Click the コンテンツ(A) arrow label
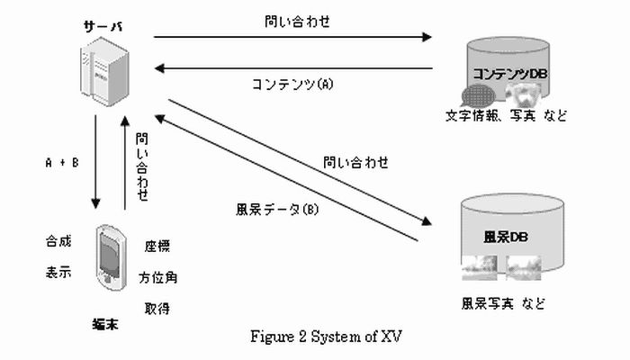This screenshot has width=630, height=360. pyautogui.click(x=291, y=85)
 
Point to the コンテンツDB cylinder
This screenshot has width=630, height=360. pyautogui.click(x=506, y=72)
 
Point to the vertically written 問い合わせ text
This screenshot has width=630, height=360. pyautogui.click(x=142, y=166)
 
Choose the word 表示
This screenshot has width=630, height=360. pyautogui.click(x=58, y=272)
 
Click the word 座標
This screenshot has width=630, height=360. pyautogui.click(x=157, y=247)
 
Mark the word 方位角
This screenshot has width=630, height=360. pyautogui.click(x=157, y=277)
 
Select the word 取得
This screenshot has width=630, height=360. pyautogui.click(x=157, y=309)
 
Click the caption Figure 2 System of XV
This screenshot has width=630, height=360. pyautogui.click(x=325, y=337)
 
